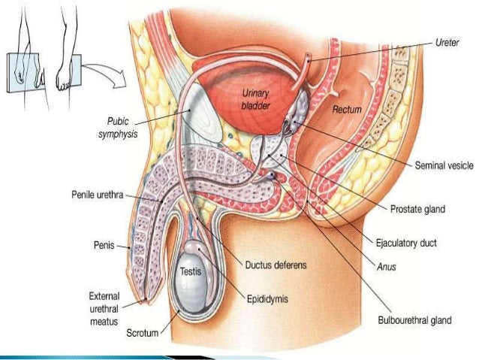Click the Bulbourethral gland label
click(414, 320)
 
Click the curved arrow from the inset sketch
click(104, 71)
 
